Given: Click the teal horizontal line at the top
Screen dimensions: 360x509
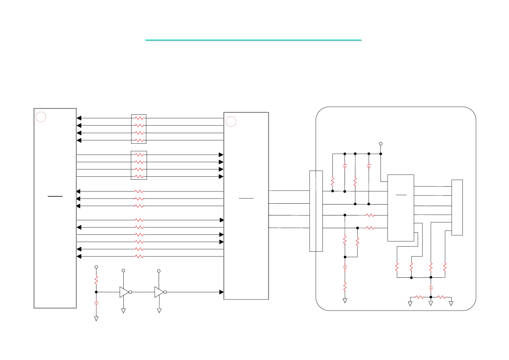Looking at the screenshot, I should [x=253, y=40].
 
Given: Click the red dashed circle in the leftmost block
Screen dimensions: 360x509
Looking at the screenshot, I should [x=41, y=117].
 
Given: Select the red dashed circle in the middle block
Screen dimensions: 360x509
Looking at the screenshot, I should [x=231, y=121].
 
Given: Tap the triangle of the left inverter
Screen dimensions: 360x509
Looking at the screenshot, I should [x=124, y=292].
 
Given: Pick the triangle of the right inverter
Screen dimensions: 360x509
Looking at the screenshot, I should [x=159, y=292].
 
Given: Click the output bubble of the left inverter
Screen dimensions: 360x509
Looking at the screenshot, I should [x=130, y=292].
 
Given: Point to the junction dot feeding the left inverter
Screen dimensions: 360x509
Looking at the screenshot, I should [x=96, y=292].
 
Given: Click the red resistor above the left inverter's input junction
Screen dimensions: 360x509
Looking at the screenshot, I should [x=96, y=280].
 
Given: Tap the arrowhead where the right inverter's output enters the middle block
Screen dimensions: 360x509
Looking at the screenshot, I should [x=221, y=292].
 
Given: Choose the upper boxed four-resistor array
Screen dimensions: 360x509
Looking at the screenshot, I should [x=139, y=129].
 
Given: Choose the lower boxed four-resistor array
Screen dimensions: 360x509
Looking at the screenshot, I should [x=139, y=165].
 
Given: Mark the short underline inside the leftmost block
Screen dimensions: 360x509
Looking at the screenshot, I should [x=55, y=196].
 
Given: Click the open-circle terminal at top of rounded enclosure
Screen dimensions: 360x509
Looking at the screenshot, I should [x=381, y=144].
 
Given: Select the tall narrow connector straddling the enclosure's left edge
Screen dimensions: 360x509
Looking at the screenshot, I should [x=316, y=211].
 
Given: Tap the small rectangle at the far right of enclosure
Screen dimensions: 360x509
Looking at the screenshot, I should [x=457, y=207].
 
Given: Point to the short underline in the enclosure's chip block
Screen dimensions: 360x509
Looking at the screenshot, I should [x=401, y=195].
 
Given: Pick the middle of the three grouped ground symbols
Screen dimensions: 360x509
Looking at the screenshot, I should [x=431, y=303].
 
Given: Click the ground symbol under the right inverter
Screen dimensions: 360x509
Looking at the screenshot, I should [x=159, y=311].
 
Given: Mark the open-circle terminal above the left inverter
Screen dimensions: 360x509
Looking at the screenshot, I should [x=123, y=270].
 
